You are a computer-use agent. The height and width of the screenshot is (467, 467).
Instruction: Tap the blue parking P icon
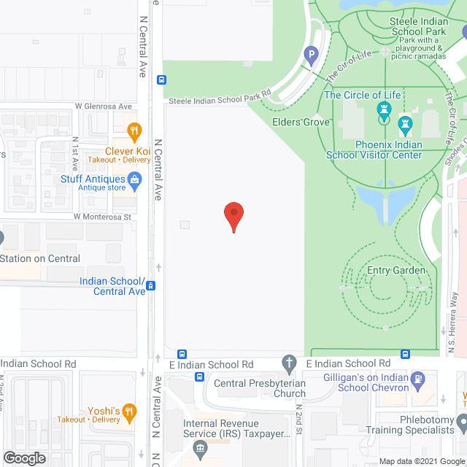pyautogui.click(x=312, y=54)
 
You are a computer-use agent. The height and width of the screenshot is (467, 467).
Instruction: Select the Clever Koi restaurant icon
pyautogui.click(x=134, y=133)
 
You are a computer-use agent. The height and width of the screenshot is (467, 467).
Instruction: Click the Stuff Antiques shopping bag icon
pyautogui.click(x=134, y=180)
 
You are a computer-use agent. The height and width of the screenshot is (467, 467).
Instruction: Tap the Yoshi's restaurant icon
pyautogui.click(x=129, y=410)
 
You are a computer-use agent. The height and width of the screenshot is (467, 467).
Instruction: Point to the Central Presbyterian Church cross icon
pyautogui.click(x=290, y=363)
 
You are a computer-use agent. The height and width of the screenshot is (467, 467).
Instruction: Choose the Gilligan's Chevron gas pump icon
pyautogui.click(x=417, y=379)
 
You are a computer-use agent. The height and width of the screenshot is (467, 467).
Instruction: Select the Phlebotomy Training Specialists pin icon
pyautogui.click(x=461, y=422)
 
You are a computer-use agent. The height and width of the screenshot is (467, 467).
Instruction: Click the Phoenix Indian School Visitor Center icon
pyautogui.click(x=406, y=124)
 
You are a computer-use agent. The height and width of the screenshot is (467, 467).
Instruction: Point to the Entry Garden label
pyautogui.click(x=395, y=271)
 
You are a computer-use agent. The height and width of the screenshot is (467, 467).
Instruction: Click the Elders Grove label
pyautogui.click(x=301, y=122)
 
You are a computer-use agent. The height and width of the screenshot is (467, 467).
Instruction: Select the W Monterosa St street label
pyautogui.click(x=101, y=217)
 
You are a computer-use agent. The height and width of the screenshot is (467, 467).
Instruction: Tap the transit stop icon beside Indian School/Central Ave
pyautogui.click(x=150, y=286)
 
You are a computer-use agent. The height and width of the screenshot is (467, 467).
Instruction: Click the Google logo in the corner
pyautogui.click(x=24, y=458)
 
